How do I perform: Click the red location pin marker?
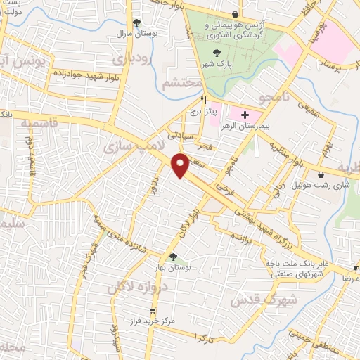(x=181, y=166)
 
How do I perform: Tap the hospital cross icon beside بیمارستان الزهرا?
(x=245, y=115)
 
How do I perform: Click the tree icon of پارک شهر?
(x=216, y=53)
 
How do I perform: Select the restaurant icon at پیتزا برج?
(x=203, y=101)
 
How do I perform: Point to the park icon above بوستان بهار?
(x=172, y=257)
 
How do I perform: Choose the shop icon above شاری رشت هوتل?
(x=322, y=175)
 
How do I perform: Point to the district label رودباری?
(x=133, y=58)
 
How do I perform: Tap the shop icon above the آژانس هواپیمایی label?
(x=234, y=13)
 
